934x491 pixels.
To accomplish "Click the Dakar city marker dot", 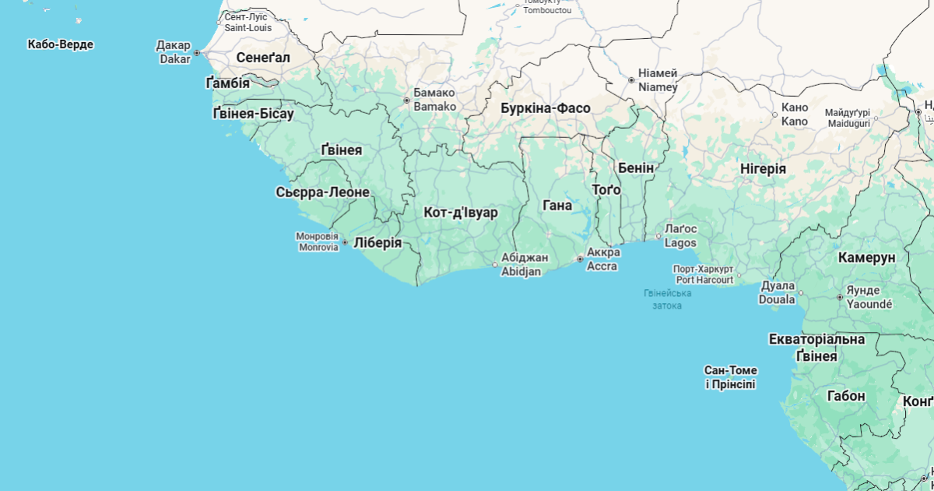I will point(197,53).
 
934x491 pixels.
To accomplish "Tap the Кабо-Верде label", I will point(60,44).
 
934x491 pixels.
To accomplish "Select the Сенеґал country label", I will point(263,58).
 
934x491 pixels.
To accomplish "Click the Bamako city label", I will point(434,99).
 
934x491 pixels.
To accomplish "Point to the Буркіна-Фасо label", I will point(545,108).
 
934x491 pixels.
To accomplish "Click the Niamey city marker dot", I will point(631,80).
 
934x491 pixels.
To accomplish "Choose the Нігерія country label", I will point(762,168).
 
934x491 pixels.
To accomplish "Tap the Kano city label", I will point(795,114).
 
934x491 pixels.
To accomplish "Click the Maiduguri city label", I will point(848,118).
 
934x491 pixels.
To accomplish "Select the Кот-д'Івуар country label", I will point(461,212).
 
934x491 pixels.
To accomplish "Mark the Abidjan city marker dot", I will point(495,265).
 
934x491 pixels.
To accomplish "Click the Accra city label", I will point(603,260).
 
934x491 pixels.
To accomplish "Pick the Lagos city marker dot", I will point(658,235).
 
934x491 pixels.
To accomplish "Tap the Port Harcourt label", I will point(704,274).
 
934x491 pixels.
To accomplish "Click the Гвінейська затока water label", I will point(667,299).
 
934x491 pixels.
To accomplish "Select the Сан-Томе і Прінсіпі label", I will point(730,377).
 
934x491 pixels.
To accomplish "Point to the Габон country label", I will point(846,396).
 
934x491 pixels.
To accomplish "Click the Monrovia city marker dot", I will point(345,242).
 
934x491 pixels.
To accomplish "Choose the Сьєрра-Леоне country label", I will point(322,192).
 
